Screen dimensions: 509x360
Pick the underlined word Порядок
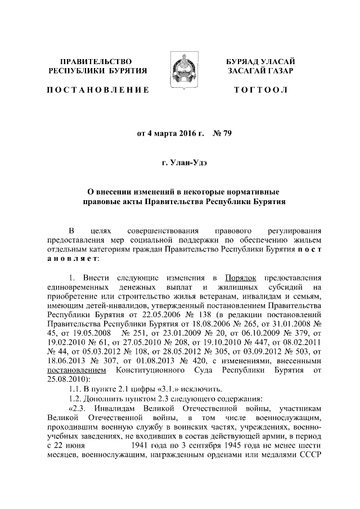click(240, 278)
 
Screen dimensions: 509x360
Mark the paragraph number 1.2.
click(75, 398)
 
